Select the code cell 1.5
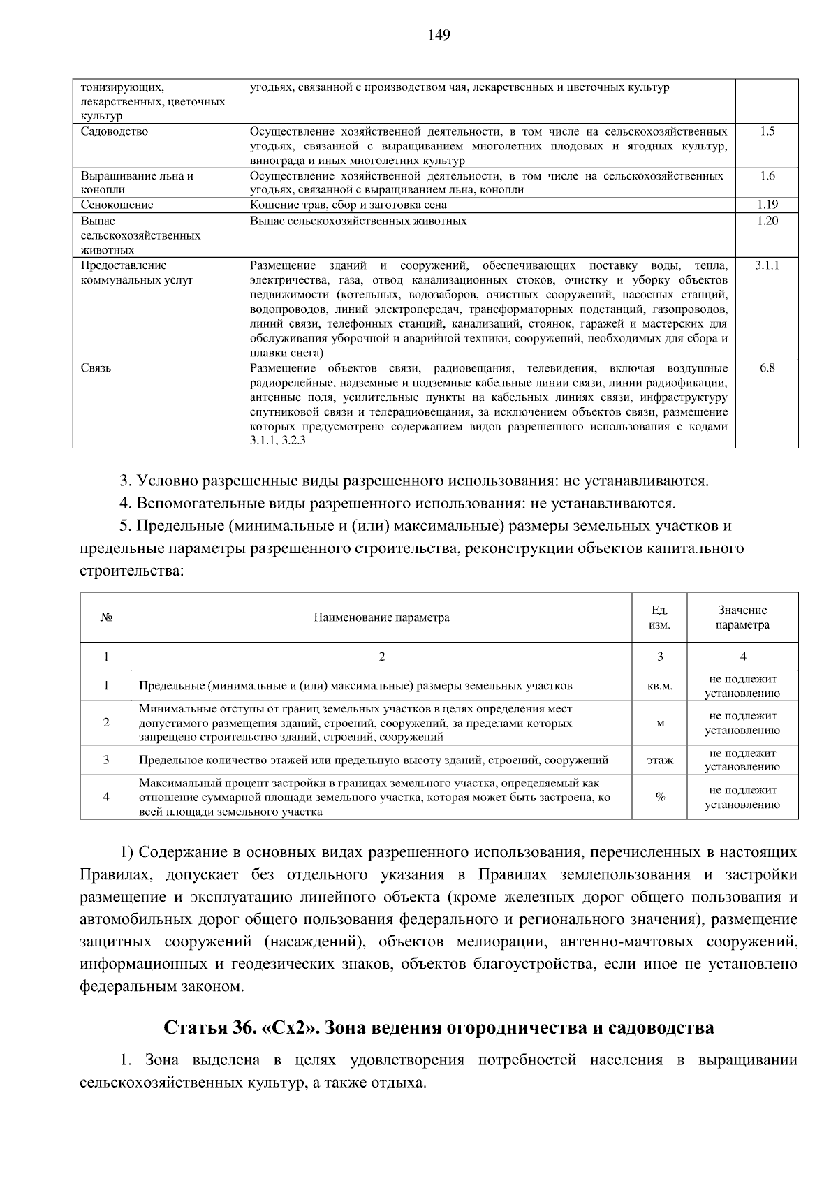767,131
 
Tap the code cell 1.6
767,175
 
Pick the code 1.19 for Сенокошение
767,205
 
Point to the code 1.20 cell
767,220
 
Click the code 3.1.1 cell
767,265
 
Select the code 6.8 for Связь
767,367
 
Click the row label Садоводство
115,131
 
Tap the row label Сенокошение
117,205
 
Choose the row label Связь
96,367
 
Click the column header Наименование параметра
381,617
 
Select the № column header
106,617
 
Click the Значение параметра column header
742,617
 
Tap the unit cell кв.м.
660,686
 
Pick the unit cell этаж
660,760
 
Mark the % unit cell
660,797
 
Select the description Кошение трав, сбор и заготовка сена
348,205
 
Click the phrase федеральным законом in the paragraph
162,987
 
